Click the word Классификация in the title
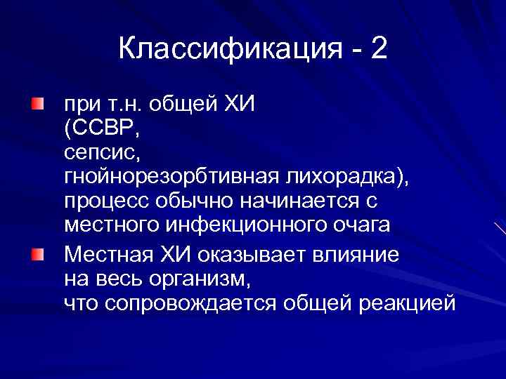tap(227, 50)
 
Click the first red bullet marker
tap(37, 105)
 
